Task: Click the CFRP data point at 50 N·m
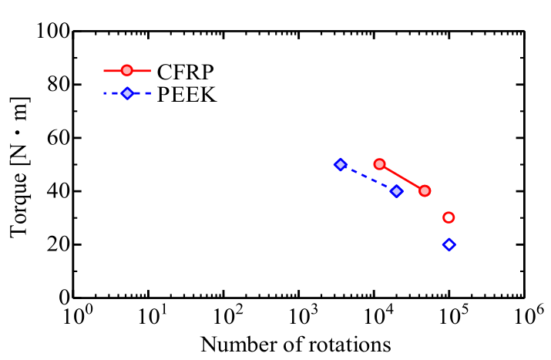pyautogui.click(x=379, y=164)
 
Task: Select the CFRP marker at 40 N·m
pyautogui.click(x=425, y=190)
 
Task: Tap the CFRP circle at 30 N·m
pyautogui.click(x=449, y=217)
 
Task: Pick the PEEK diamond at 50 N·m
pyautogui.click(x=341, y=164)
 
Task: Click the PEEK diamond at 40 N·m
pyautogui.click(x=396, y=191)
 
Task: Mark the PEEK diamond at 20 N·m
pyautogui.click(x=449, y=244)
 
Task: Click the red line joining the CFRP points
pyautogui.click(x=402, y=177)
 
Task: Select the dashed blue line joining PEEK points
pyautogui.click(x=368, y=178)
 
